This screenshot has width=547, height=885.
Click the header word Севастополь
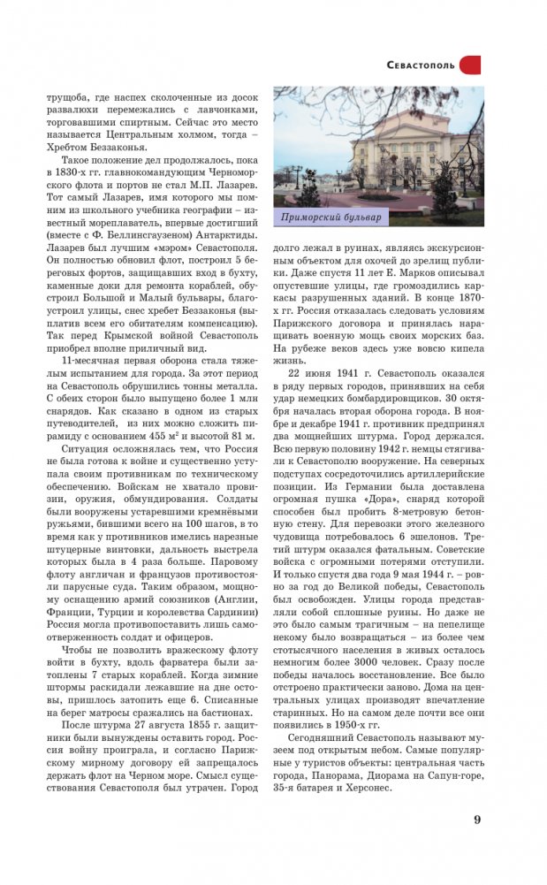click(422, 65)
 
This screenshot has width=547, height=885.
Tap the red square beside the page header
click(471, 65)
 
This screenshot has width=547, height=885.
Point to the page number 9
click(477, 819)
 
